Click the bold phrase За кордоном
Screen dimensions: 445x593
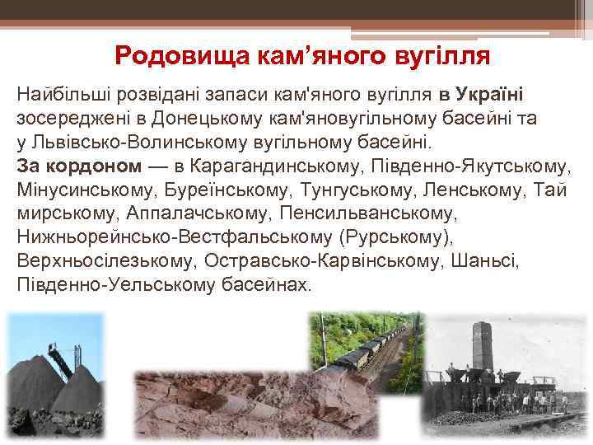pyautogui.click(x=79, y=166)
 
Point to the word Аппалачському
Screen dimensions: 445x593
pyautogui.click(x=199, y=213)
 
